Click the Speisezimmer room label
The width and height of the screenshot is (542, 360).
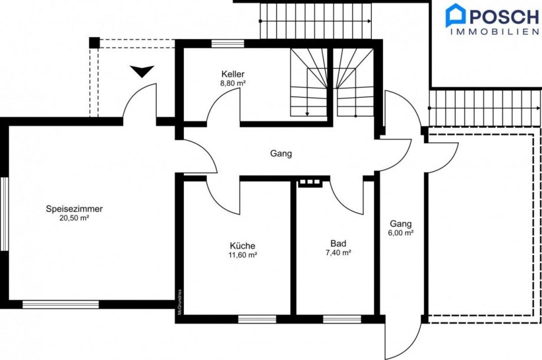click(74, 209)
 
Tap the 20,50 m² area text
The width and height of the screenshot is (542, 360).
click(74, 218)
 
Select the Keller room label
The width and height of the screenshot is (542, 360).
click(233, 74)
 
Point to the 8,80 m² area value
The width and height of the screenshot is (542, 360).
click(233, 83)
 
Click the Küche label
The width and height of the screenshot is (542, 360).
click(243, 246)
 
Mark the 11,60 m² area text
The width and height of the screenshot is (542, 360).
click(243, 255)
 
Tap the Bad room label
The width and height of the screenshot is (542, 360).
click(338, 243)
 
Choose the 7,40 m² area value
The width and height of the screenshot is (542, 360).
click(338, 252)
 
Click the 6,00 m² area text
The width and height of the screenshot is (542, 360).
click(401, 233)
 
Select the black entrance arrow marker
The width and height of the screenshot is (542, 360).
click(142, 71)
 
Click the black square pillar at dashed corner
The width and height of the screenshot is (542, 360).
click(94, 43)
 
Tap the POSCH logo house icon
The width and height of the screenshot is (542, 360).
click(456, 15)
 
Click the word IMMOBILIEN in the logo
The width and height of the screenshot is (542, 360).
click(495, 32)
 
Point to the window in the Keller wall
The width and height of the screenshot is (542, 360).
click(228, 44)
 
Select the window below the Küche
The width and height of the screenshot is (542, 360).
click(257, 319)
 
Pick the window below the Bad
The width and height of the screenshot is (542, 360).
click(342, 319)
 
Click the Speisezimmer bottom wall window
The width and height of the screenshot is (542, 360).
click(61, 305)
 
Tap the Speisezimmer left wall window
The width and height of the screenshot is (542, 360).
click(4, 214)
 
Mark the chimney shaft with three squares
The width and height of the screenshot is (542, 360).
click(310, 183)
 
